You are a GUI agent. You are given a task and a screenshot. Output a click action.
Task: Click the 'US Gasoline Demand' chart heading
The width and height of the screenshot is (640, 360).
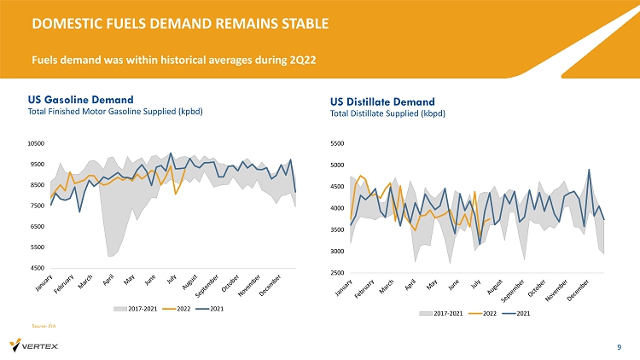[x=81, y=99]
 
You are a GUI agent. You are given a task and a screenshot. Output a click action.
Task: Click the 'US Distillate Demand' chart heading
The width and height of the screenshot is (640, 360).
[x=382, y=102]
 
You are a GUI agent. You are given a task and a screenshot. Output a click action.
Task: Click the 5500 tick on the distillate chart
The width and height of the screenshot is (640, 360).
[x=338, y=144]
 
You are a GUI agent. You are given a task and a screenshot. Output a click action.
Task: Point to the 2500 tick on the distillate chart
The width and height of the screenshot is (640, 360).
[x=338, y=273]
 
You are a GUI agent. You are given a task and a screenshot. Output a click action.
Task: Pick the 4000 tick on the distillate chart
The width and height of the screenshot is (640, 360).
[x=338, y=208]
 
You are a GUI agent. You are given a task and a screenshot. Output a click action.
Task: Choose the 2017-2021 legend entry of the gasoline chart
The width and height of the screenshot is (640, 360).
[x=140, y=308]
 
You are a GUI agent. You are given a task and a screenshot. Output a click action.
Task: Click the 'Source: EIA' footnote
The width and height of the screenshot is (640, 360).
[x=43, y=326]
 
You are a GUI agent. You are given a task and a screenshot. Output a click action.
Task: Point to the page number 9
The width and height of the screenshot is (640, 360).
[x=619, y=346]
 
